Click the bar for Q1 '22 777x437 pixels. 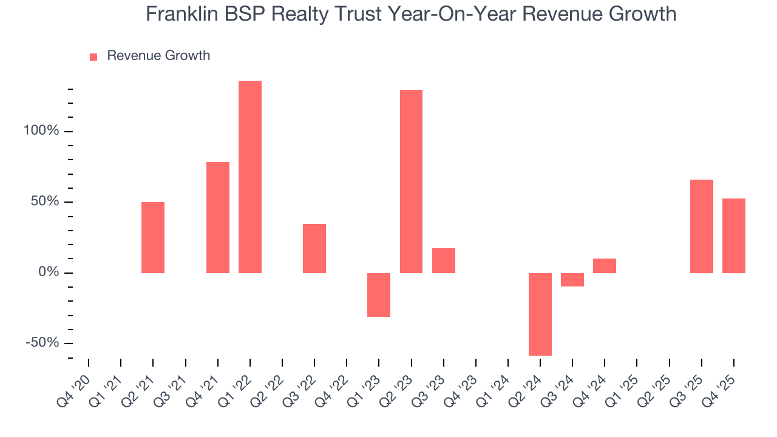[x=250, y=177]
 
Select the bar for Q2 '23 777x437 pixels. [x=411, y=181]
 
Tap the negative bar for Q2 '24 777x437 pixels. [x=540, y=314]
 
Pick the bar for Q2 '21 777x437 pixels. [x=153, y=237]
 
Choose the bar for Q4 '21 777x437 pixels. [x=218, y=217]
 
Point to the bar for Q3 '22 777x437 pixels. [x=314, y=248]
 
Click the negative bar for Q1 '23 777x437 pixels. [x=379, y=294]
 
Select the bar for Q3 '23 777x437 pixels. [x=444, y=260]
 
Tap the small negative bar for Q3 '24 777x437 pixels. [x=572, y=279]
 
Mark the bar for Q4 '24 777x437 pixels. [x=605, y=265]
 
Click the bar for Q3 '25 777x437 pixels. [x=702, y=226]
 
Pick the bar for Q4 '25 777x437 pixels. [x=734, y=235]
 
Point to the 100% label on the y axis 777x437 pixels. [x=42, y=131]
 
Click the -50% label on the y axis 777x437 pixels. [x=42, y=343]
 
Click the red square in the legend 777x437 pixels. [x=93, y=56]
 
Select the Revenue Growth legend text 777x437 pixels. [x=158, y=56]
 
